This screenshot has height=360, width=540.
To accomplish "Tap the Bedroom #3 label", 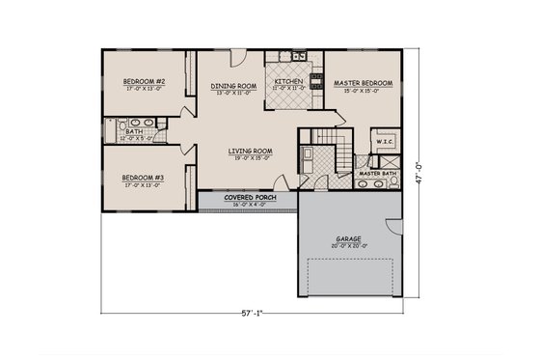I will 146,177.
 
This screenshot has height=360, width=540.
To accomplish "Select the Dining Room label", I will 232,86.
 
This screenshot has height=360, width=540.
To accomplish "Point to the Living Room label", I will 250,151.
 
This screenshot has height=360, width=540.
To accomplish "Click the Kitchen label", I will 289,82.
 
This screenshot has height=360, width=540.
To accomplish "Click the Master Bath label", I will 378,173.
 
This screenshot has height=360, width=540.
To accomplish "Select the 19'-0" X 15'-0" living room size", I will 250,159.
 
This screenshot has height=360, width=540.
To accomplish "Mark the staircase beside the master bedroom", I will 339,150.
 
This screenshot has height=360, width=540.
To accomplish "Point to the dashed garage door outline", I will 349,280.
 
